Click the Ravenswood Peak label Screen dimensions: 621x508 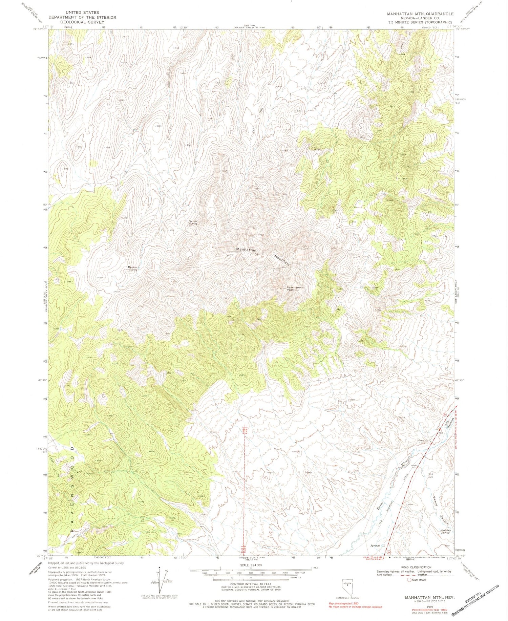pos(296,288)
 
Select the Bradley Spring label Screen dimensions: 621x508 pos(445,531)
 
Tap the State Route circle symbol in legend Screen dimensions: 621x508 pos(409,580)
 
